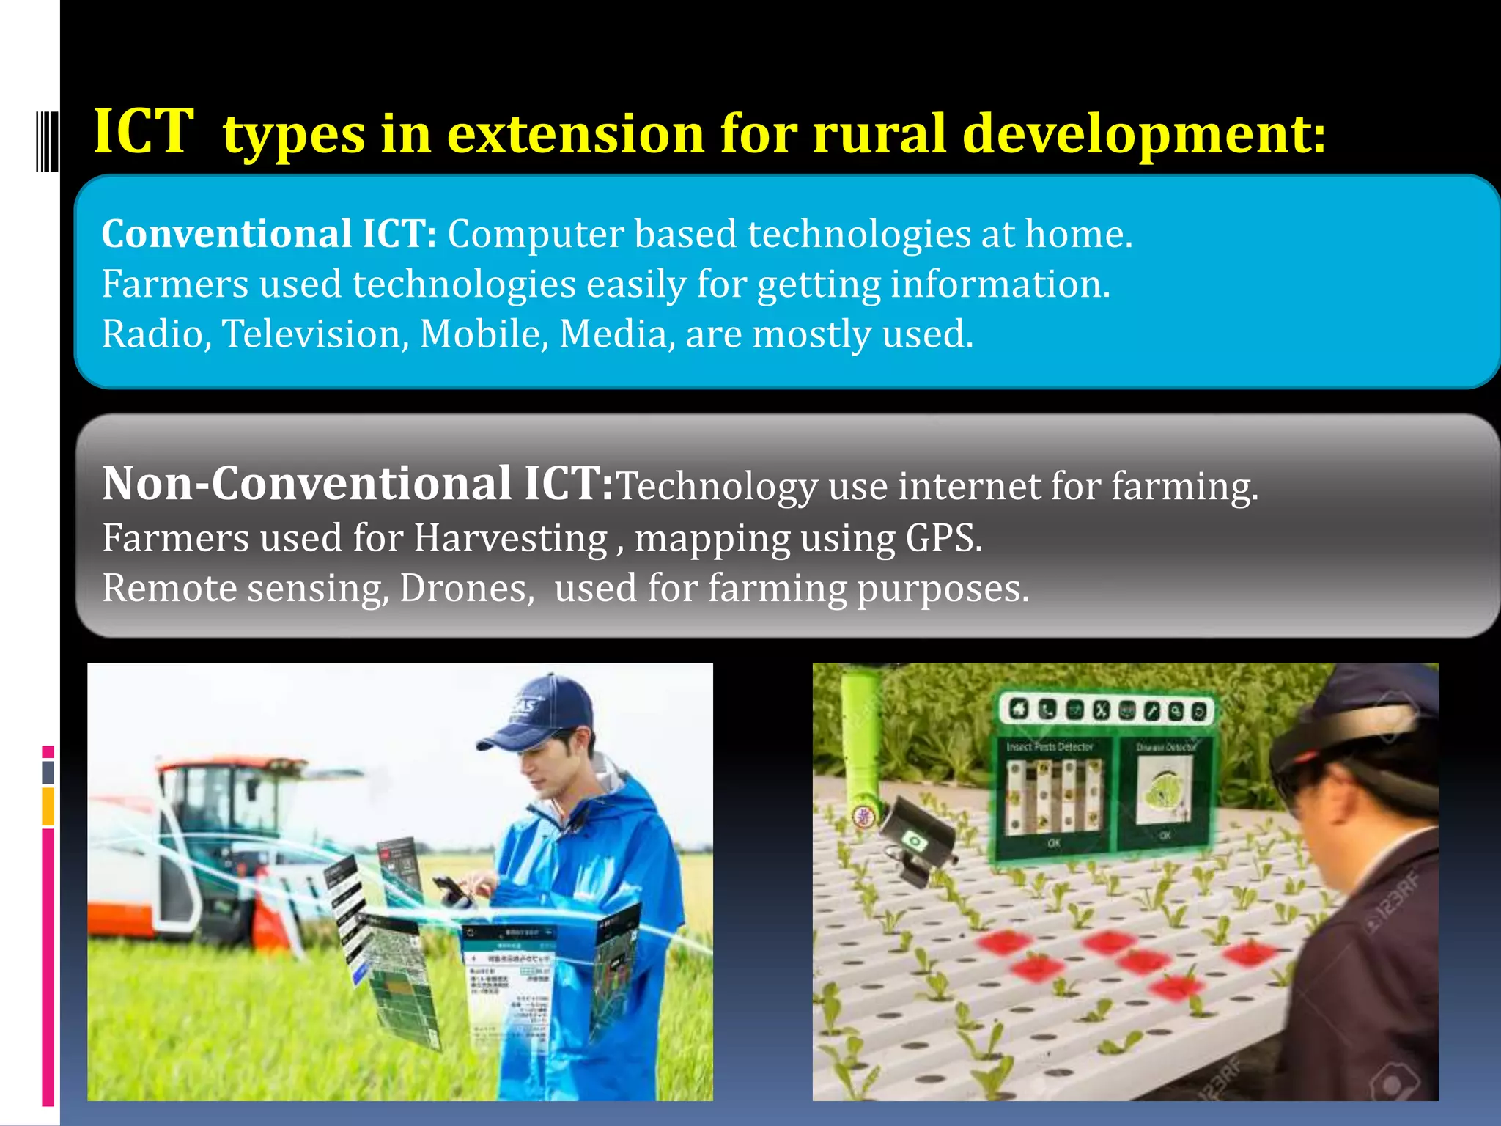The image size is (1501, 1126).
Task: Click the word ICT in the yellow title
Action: pyautogui.click(x=144, y=132)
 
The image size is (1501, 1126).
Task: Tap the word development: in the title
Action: pyautogui.click(x=1143, y=136)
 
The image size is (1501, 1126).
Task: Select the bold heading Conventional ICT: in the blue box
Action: pyautogui.click(x=269, y=235)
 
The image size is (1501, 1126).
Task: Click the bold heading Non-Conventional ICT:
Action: pyautogui.click(x=358, y=485)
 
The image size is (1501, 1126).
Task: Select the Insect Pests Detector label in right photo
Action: pyautogui.click(x=1050, y=747)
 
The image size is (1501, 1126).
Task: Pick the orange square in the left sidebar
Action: pyautogui.click(x=48, y=806)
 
